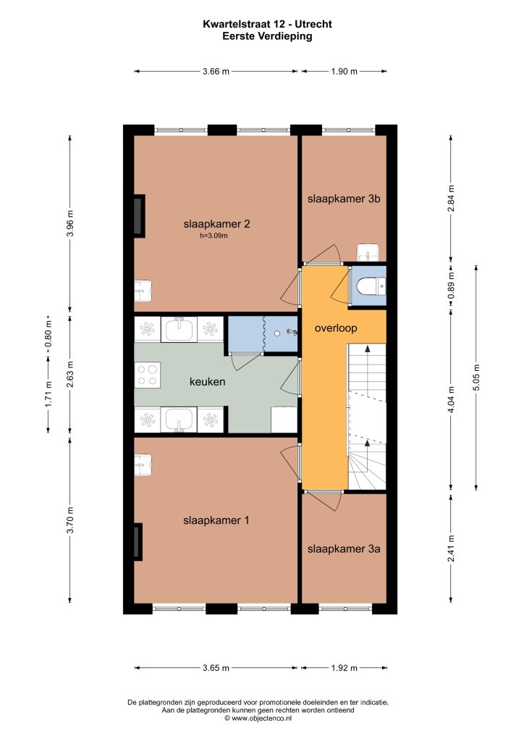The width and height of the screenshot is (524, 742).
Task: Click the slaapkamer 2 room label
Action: [216, 224]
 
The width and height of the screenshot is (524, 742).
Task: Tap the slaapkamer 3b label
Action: [344, 199]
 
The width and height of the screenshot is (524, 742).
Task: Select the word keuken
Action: [207, 381]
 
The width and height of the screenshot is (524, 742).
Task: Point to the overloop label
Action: [336, 328]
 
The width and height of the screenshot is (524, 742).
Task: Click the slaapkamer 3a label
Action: [344, 549]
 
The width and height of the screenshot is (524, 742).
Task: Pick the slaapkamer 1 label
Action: [216, 520]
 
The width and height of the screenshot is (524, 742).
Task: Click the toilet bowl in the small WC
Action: [368, 285]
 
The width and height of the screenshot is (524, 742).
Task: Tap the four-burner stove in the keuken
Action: [148, 375]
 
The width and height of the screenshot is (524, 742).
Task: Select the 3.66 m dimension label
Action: [216, 72]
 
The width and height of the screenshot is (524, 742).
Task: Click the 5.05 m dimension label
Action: [476, 378]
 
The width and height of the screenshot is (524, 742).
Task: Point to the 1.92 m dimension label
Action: [344, 668]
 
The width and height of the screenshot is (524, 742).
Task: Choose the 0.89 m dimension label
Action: [451, 285]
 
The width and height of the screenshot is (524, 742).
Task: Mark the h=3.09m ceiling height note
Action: [214, 235]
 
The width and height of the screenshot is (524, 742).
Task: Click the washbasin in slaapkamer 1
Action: [143, 464]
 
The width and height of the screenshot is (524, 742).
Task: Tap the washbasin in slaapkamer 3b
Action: [368, 253]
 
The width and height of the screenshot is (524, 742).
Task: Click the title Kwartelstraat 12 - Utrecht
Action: [268, 24]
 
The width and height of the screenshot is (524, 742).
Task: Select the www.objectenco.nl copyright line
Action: [258, 718]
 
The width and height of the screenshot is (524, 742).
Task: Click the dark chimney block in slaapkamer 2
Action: [139, 216]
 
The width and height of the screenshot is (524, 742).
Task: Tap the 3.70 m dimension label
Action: [70, 520]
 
